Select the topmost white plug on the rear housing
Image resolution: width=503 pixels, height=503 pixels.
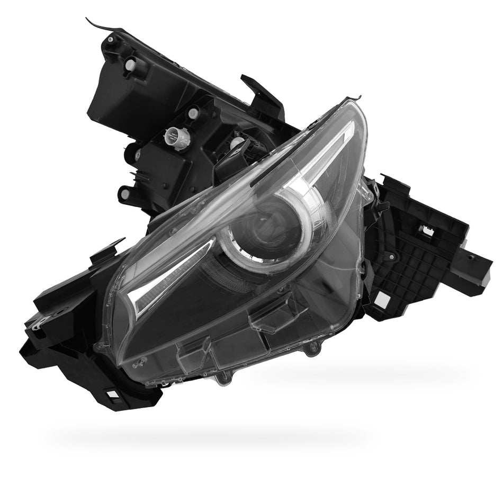130,65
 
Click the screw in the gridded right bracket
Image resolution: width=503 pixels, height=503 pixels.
392,257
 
